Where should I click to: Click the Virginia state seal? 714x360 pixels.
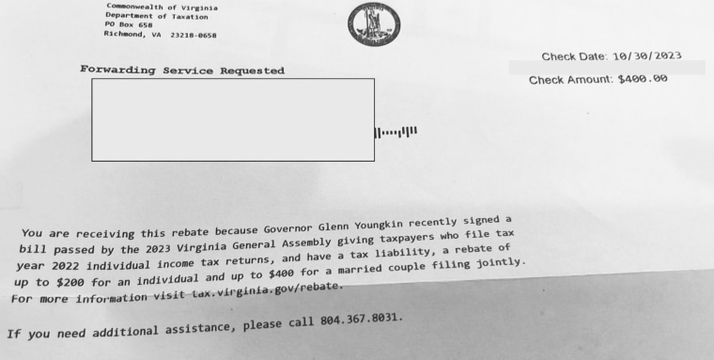374,24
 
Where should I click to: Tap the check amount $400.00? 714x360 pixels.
643,79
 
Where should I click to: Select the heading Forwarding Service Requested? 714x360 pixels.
182,70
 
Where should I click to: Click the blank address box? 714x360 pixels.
232,119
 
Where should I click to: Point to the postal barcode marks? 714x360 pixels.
396,133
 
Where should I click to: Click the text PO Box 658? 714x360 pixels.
130,25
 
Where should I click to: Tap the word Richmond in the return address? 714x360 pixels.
123,34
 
